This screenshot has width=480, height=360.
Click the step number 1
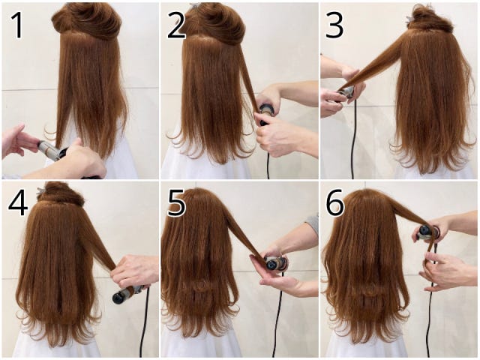coord(17,25)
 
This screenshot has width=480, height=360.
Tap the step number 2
coord(177,25)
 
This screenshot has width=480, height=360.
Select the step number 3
coord(334,25)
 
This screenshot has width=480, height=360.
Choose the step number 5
coord(177,202)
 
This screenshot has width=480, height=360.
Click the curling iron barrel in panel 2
coord(266,112)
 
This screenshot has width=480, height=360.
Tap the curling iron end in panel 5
coord(271,264)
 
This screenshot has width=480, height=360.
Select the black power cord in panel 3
coord(353,138)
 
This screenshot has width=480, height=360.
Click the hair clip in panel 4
coord(40,192)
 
